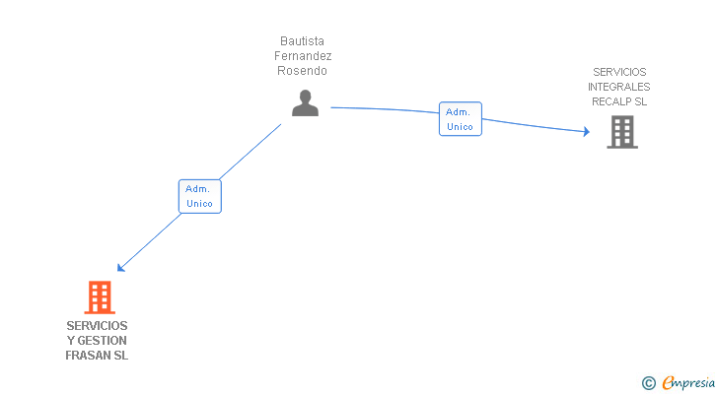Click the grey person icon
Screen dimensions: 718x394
[305, 103]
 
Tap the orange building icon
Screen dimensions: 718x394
[100, 297]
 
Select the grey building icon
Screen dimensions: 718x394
[622, 132]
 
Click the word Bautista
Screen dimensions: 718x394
[302, 41]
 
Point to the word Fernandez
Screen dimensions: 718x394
[303, 56]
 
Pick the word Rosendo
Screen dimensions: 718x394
[302, 71]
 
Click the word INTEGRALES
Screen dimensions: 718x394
[619, 87]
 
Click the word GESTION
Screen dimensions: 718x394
[103, 341]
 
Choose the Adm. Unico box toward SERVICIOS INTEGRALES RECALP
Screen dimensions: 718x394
[461, 119]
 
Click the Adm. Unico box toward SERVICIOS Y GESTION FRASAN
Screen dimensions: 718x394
[199, 197]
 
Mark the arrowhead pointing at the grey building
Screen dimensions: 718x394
[587, 132]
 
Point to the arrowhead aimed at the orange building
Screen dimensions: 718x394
[120, 268]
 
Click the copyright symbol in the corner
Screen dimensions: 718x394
[648, 383]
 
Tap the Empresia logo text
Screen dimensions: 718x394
[688, 383]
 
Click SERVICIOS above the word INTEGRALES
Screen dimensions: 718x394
[619, 72]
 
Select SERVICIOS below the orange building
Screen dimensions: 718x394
[97, 326]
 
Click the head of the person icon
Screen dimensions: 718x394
[305, 97]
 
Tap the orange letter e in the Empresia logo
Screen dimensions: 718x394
[669, 382]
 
